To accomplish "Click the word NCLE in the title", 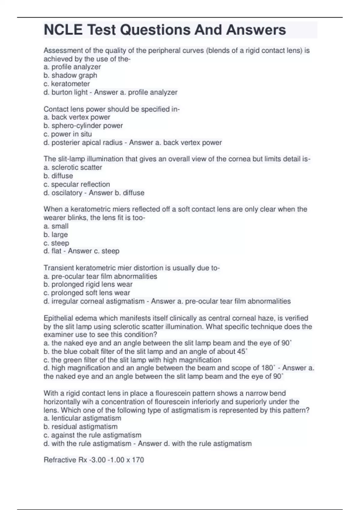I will [63, 30].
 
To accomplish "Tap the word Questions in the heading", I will [155, 30].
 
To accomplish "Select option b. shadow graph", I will [70, 75].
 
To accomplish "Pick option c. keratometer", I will [67, 84].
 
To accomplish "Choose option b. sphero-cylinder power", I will [83, 125].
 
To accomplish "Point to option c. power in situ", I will [67, 134].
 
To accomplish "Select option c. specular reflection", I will [76, 184].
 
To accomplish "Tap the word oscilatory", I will [67, 193].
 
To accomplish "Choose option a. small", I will [56, 226].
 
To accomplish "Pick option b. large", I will [56, 234].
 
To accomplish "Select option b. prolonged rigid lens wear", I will [88, 284].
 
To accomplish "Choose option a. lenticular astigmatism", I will [82, 418].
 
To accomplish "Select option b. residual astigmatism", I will [80, 426].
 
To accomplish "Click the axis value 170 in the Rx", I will [138, 460].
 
